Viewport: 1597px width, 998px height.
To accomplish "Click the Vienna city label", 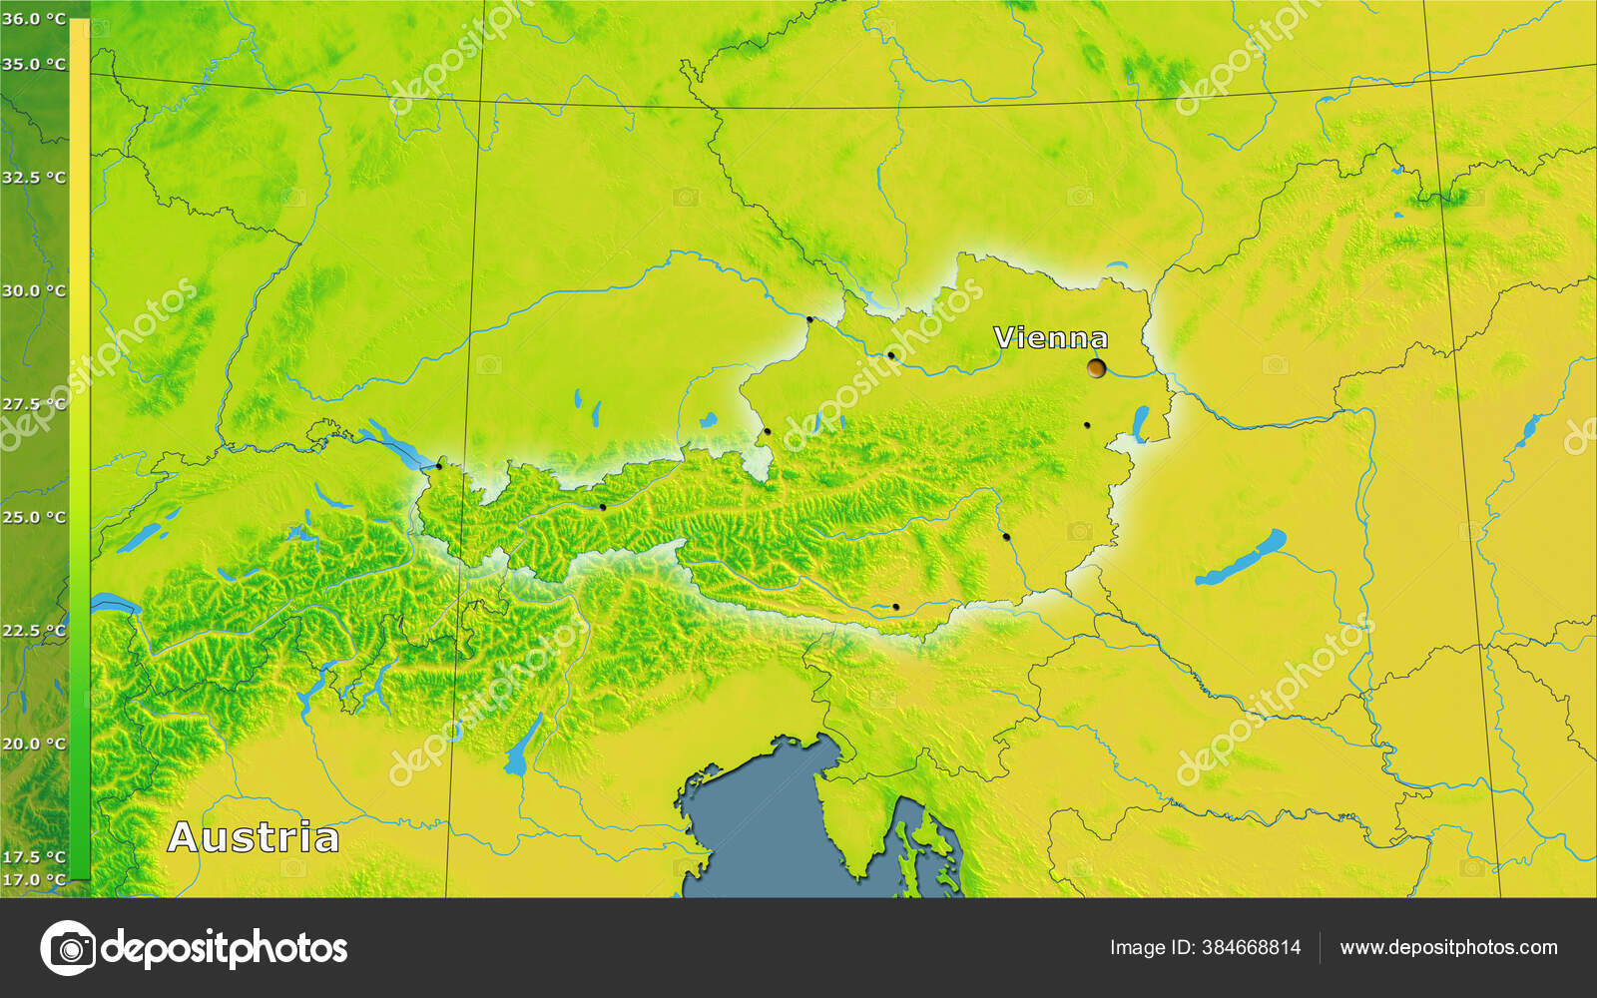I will [1050, 338].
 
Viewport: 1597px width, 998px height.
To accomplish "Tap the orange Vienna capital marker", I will [1097, 368].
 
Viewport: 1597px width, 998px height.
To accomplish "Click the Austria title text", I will [254, 837].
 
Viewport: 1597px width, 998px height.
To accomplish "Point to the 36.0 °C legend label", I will [34, 19].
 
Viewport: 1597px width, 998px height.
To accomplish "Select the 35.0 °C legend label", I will [34, 65].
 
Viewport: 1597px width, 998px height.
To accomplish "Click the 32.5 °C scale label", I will [34, 178].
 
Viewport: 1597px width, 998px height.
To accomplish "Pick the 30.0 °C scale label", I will [34, 291].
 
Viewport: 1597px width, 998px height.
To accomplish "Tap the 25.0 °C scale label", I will [34, 517].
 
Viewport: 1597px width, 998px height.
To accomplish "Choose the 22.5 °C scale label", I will [34, 631].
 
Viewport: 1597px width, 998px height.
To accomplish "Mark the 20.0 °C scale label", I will [34, 744].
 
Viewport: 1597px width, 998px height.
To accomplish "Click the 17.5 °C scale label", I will [34, 856].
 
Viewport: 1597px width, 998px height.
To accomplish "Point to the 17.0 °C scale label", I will [34, 879].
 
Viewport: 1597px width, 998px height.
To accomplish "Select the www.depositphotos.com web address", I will [1448, 947].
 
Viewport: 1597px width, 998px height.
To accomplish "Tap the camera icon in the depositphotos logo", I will [68, 947].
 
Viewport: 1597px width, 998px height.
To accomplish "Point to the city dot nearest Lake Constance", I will [438, 466].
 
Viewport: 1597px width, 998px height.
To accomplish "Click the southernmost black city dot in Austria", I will [895, 607].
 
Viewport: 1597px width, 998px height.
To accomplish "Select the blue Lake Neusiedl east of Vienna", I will [1140, 423].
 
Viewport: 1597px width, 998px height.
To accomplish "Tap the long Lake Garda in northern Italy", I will [521, 747].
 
